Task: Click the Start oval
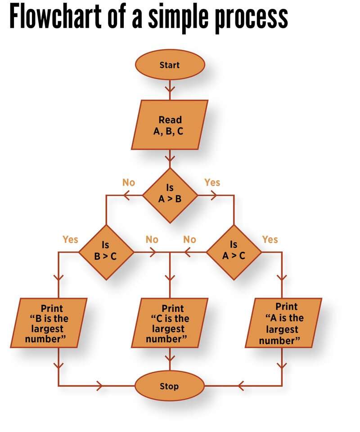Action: (x=170, y=65)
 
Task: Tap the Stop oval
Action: (x=170, y=386)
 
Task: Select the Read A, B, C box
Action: (x=170, y=125)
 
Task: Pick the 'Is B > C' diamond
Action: (x=106, y=251)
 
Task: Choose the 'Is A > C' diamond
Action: (x=234, y=251)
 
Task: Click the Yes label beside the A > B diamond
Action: (x=212, y=182)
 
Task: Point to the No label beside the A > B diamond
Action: (x=129, y=182)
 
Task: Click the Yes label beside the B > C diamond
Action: (x=70, y=239)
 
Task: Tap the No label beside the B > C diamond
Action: (x=152, y=239)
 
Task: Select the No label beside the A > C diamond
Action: (x=190, y=239)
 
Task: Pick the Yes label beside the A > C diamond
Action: (x=270, y=239)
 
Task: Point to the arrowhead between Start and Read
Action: (x=170, y=86)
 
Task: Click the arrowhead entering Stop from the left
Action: (x=100, y=386)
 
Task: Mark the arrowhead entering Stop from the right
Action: (x=241, y=386)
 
